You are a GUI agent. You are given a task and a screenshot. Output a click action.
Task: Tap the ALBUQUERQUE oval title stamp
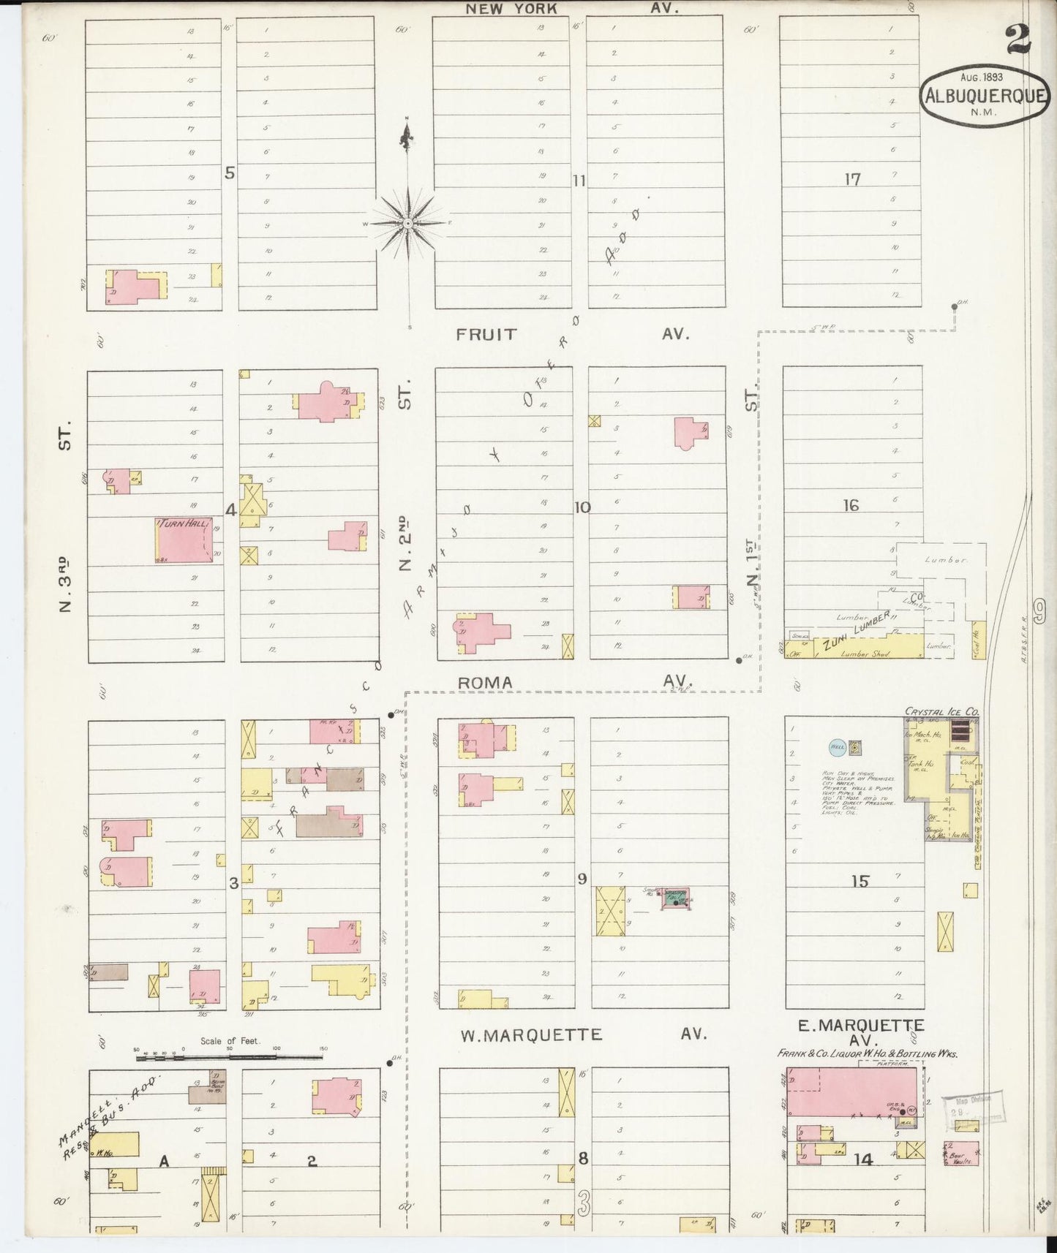coord(985,94)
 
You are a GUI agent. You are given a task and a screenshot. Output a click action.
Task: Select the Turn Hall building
coord(185,540)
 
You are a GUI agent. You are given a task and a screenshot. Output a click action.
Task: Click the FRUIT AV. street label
coord(572,334)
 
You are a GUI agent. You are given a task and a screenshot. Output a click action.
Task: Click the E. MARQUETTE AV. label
coord(860,1031)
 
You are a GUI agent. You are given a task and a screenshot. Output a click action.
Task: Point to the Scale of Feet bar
coord(230,1056)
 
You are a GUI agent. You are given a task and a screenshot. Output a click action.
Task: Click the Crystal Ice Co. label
coord(941,711)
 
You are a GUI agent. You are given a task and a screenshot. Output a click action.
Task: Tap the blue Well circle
coord(837,747)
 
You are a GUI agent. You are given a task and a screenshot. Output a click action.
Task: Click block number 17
coord(852,178)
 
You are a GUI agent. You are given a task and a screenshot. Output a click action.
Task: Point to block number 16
coord(851,505)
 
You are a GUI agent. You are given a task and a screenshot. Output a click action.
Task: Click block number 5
coord(230,173)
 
